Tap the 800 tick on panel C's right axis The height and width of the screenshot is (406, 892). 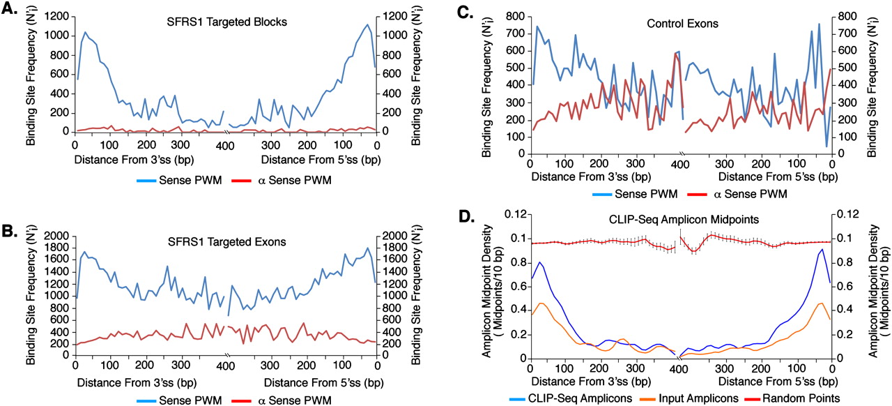click(x=852, y=15)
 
